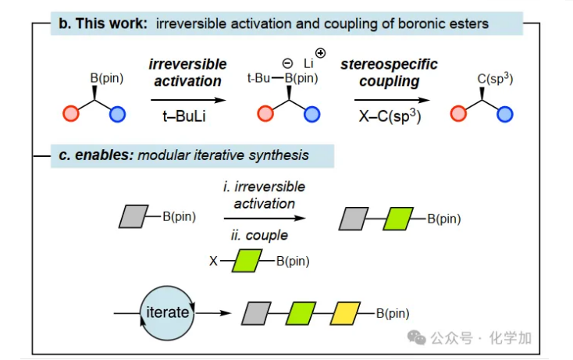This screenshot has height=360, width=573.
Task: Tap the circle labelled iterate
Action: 166,313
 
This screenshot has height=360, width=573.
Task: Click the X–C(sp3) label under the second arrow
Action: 390,116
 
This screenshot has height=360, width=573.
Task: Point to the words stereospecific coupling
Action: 389,72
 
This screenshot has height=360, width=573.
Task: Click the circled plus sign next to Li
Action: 320,52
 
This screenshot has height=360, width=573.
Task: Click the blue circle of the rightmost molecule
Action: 505,116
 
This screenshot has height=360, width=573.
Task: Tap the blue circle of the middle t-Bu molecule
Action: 312,116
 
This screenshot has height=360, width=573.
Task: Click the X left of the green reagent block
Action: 213,261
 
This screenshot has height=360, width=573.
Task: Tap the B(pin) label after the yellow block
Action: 393,314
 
